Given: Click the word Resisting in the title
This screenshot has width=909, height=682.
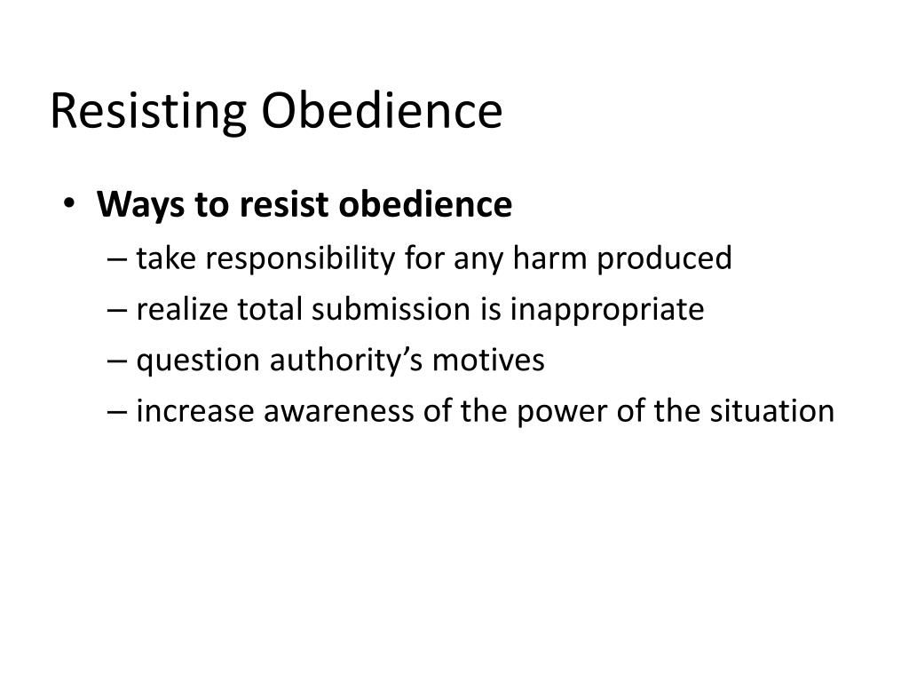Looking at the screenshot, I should click(146, 113).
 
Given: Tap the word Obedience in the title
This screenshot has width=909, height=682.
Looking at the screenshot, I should click(381, 111).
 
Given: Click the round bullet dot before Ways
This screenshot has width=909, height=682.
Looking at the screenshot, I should click(71, 204).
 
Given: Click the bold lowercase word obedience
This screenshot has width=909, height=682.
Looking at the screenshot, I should click(415, 205).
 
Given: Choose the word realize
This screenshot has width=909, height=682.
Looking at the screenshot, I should click(184, 309).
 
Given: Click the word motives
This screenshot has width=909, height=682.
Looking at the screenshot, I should click(491, 361).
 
